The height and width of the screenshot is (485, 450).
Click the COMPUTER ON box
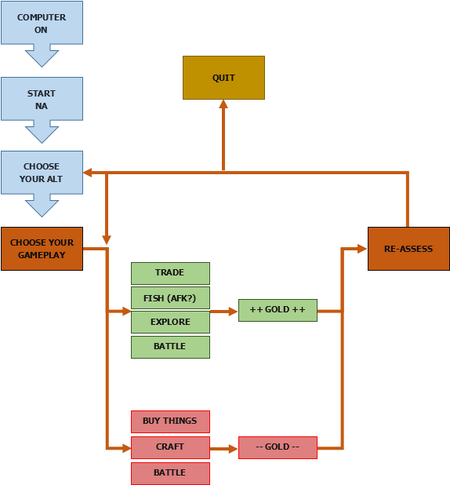(x=42, y=24)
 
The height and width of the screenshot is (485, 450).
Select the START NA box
(x=42, y=99)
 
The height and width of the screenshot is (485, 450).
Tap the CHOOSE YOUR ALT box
(x=42, y=173)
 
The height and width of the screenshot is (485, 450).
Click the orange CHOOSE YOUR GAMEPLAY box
(x=42, y=248)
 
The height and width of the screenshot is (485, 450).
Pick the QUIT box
(x=223, y=78)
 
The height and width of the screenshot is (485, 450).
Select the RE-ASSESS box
(x=408, y=249)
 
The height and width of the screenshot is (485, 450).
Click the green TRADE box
(x=170, y=273)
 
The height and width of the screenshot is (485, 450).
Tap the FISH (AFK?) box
(x=170, y=297)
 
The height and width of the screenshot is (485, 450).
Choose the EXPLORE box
(x=170, y=322)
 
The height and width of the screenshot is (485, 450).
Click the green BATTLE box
(x=170, y=347)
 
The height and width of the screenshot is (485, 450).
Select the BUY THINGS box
(x=170, y=421)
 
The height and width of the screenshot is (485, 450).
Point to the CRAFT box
(x=170, y=447)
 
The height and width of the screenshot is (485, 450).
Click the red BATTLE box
(x=170, y=473)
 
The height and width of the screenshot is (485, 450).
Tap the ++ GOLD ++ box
(x=278, y=311)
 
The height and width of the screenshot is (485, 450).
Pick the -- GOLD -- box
(x=278, y=447)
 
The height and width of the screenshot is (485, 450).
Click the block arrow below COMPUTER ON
(x=42, y=56)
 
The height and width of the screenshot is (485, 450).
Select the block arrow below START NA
(x=42, y=131)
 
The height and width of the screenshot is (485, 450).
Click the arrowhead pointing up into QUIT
(x=223, y=104)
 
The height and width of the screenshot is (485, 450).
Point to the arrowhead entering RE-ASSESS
(x=362, y=249)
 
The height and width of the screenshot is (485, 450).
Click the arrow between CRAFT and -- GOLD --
(x=224, y=449)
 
